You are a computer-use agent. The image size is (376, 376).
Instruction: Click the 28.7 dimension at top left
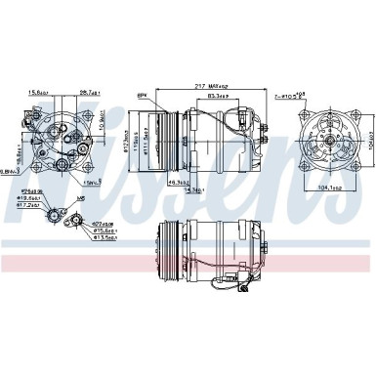click(91, 93)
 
